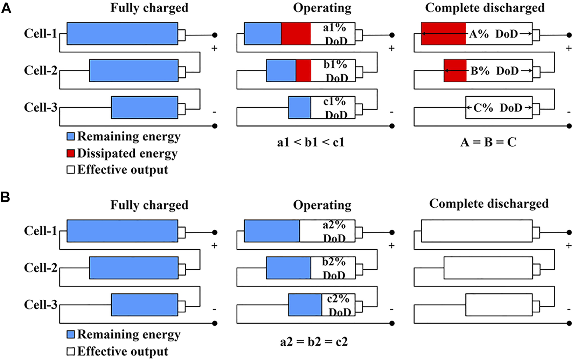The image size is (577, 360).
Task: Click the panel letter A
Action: point(6,8)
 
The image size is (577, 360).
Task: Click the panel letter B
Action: point(6,198)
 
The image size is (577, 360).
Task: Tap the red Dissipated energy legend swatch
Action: point(71,153)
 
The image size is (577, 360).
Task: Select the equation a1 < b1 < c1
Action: point(311,143)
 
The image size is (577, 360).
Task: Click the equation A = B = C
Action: point(488,143)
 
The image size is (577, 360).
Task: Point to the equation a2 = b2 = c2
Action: point(314,341)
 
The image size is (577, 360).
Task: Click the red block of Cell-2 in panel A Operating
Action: point(304,71)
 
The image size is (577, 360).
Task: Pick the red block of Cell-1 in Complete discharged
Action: point(443,34)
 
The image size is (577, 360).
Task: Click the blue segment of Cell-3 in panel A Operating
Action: point(300,108)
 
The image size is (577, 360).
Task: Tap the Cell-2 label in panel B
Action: point(41,268)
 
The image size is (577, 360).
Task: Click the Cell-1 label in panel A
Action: point(41,34)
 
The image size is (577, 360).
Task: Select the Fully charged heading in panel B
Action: point(149,205)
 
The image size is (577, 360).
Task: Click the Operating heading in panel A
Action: point(322,8)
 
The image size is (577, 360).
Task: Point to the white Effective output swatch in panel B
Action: point(71,351)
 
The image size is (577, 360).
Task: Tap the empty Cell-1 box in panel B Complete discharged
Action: point(477,231)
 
